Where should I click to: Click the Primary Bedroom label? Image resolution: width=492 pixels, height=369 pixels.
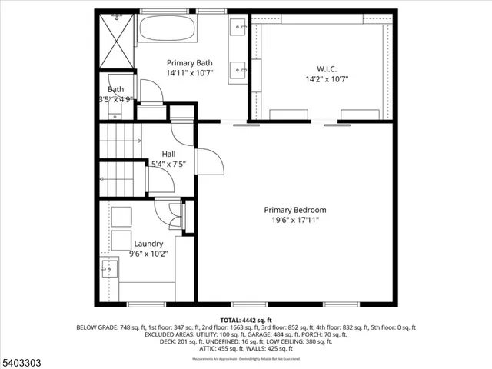[294, 210]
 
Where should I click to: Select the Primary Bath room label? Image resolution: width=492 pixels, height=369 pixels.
[190, 63]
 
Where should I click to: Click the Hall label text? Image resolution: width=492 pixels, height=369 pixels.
[169, 153]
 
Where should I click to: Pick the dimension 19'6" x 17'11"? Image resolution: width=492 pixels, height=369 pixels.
[294, 221]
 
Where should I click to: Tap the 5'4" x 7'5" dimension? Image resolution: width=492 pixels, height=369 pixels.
[169, 163]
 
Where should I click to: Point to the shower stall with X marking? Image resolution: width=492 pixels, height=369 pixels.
[116, 41]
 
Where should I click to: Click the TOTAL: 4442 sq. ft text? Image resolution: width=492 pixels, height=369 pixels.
[245, 320]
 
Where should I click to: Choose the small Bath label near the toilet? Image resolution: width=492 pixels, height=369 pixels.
[115, 89]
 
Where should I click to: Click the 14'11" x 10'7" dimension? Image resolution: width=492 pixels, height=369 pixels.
[190, 74]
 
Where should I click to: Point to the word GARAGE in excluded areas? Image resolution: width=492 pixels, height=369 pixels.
[251, 334]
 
